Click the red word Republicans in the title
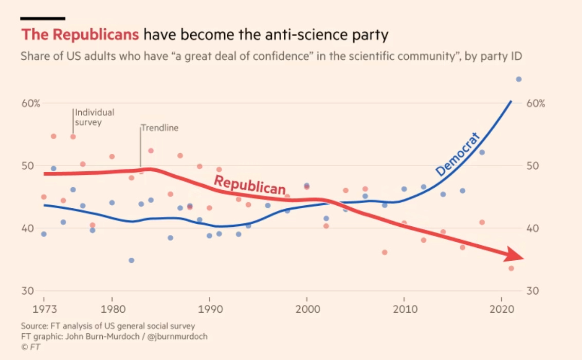(x=80, y=35)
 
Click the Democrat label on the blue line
(x=458, y=154)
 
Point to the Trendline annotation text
(x=160, y=128)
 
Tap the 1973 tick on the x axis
(x=44, y=310)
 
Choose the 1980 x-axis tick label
(x=112, y=310)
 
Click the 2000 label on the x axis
(x=307, y=310)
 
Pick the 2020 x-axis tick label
(x=501, y=310)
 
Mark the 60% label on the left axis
(x=30, y=103)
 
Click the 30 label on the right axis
(x=533, y=291)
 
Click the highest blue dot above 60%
(x=519, y=79)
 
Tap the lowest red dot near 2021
(x=511, y=268)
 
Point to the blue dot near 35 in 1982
(x=131, y=260)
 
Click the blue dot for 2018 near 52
(x=482, y=152)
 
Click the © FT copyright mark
(x=30, y=347)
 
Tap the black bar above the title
(x=43, y=18)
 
